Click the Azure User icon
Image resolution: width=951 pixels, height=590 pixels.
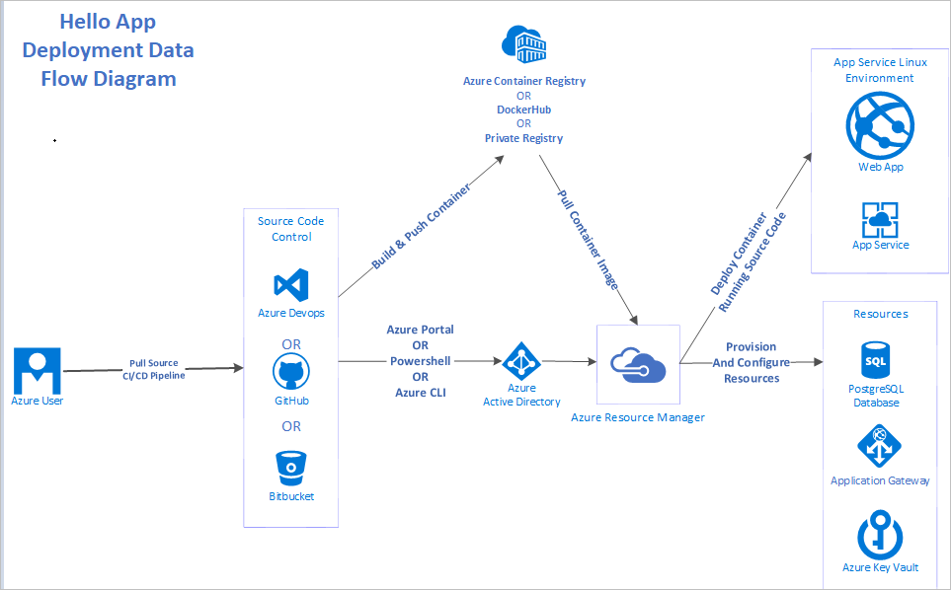[38, 370]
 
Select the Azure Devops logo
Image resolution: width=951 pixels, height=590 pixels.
[290, 284]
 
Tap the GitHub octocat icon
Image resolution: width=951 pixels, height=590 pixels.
[290, 373]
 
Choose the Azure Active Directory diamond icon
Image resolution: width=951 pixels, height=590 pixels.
[520, 361]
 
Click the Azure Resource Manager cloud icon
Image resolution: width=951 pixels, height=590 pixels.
[638, 363]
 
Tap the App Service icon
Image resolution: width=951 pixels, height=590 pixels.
[880, 219]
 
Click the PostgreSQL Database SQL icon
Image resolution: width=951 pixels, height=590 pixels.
[875, 361]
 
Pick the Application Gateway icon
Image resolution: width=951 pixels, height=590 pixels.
[879, 446]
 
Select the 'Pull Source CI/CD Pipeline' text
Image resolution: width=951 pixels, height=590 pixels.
[154, 369]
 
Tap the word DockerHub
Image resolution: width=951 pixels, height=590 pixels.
[523, 110]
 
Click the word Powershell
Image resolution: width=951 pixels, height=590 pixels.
[420, 361]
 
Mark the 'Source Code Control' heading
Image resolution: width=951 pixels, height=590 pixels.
[291, 229]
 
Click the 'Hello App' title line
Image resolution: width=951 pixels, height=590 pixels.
[108, 22]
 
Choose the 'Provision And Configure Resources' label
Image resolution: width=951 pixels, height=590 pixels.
[751, 362]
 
